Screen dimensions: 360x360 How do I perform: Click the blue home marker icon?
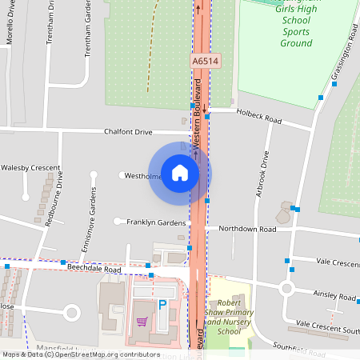click(180, 173)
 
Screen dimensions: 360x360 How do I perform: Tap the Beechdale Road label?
click(94, 270)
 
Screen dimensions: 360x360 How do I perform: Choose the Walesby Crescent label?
click(30, 168)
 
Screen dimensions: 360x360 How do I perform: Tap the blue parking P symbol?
click(162, 304)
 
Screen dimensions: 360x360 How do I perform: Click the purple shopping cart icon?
click(142, 322)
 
